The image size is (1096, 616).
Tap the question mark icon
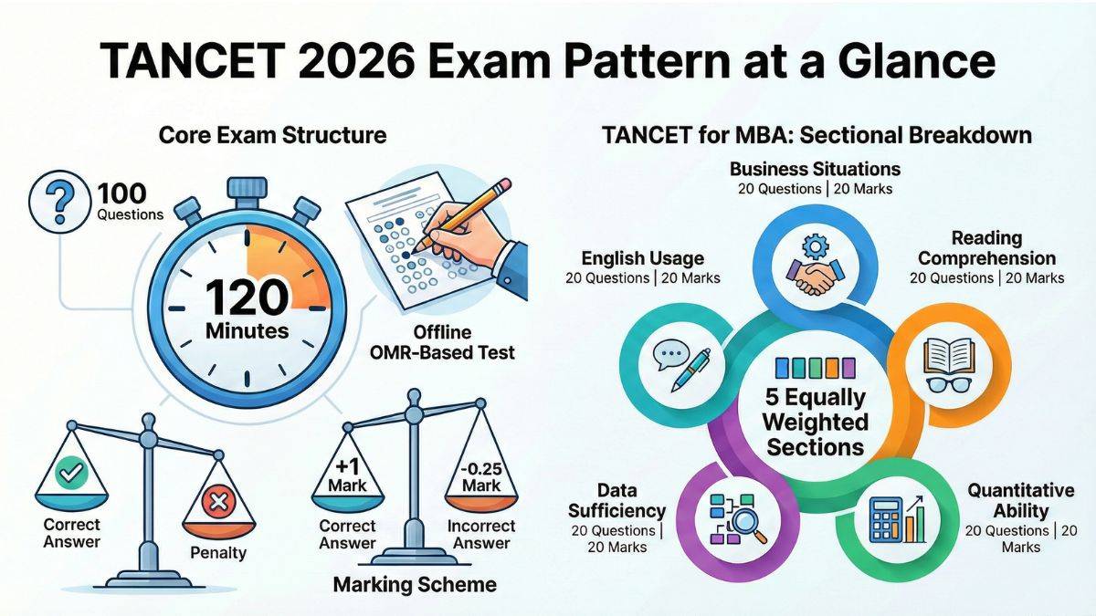point(61,204)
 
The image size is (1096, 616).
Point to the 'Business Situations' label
point(815,169)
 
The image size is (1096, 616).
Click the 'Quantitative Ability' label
point(1020,501)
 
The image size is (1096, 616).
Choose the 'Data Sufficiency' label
point(616,500)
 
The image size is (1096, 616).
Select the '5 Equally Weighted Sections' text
point(815,423)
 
